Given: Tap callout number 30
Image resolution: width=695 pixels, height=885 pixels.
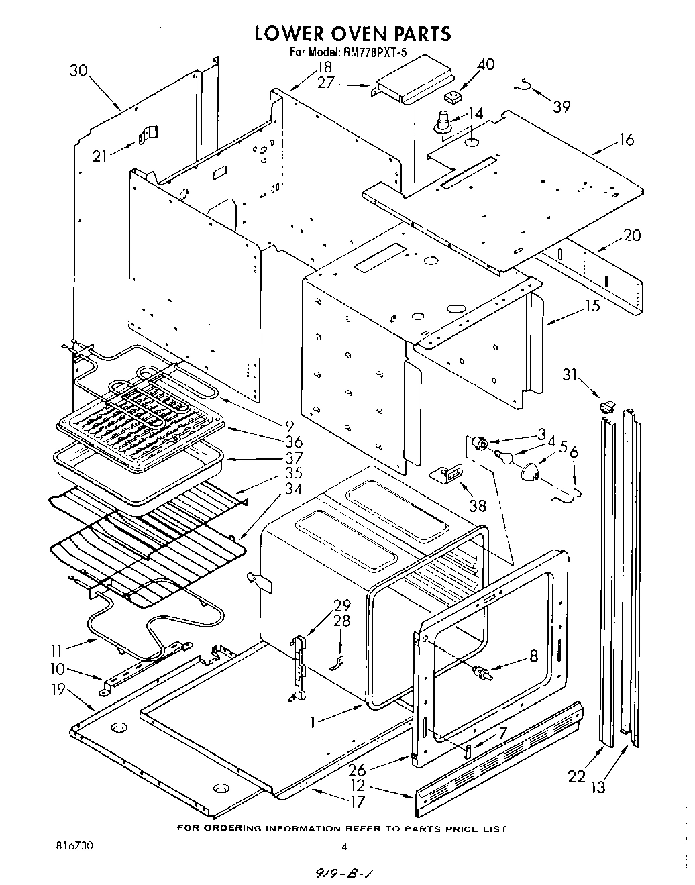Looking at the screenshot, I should [79, 70].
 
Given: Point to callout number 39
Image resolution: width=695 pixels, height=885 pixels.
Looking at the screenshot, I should [562, 106].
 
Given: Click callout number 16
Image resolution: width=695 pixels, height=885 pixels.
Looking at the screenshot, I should [627, 140].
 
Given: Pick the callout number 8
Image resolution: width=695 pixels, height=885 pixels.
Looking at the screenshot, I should [533, 656].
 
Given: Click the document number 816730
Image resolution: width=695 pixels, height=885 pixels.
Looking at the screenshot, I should [74, 846].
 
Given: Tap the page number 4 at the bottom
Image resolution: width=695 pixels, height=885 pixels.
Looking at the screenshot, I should [344, 847].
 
